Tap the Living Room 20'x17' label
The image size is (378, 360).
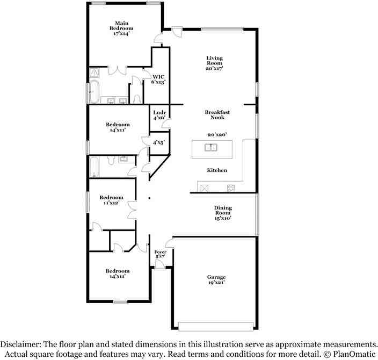(214, 63)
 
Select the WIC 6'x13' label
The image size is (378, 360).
(158, 80)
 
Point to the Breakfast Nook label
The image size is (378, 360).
(217, 114)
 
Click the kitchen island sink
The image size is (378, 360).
(212, 148)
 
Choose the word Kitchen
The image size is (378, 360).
(217, 170)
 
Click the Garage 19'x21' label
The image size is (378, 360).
(216, 280)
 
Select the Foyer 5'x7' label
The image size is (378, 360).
(161, 254)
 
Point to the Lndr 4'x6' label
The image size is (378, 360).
(158, 114)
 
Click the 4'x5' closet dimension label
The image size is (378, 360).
(158, 142)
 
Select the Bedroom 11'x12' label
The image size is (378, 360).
(111, 200)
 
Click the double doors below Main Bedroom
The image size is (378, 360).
(118, 70)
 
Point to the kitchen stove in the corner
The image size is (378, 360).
(231, 188)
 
